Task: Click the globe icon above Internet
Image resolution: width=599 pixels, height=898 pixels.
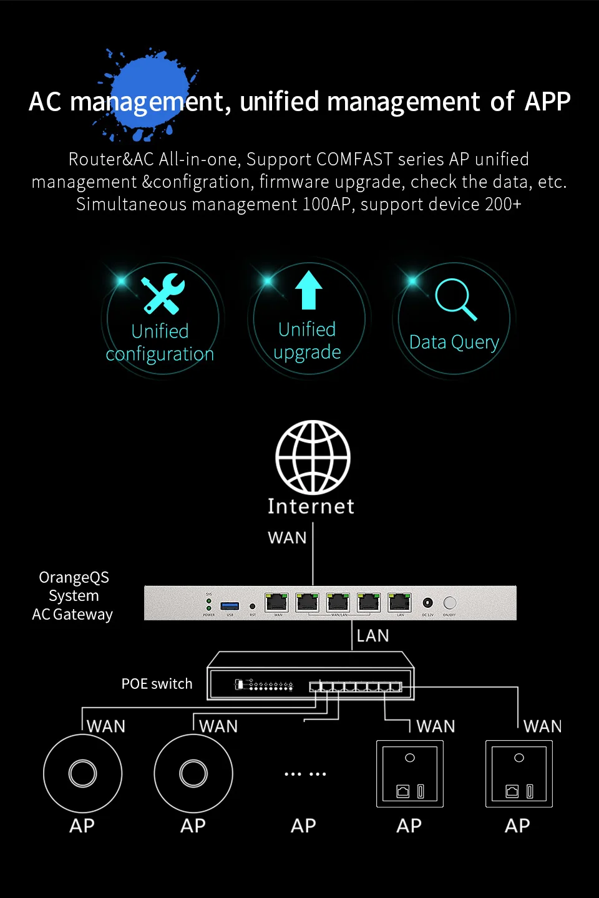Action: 313,457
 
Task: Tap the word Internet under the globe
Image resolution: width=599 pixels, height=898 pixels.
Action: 311,506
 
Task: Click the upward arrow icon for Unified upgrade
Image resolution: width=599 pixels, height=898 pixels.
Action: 308,290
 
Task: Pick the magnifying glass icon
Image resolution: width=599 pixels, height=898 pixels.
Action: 455,299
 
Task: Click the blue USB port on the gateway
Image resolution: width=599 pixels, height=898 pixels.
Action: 230,606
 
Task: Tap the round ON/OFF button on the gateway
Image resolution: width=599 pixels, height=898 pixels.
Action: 450,603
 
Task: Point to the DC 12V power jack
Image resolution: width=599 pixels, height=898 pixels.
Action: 427,603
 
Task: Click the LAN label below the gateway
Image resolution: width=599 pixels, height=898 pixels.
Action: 373,636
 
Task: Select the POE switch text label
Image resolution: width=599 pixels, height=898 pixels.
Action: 157,684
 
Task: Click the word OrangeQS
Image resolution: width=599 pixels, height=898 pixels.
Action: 74,577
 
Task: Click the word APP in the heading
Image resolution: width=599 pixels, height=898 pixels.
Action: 547,102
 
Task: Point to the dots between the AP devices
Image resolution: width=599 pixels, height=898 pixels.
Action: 305,774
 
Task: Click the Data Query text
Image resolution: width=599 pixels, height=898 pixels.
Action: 454,343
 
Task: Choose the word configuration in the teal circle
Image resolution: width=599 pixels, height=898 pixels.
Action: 160,354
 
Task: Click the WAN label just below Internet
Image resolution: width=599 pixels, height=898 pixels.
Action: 287,538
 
